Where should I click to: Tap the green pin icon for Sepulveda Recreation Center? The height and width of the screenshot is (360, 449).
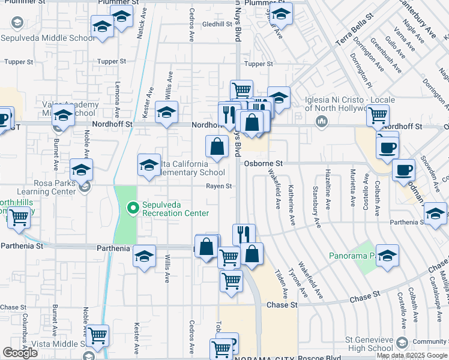(134, 209)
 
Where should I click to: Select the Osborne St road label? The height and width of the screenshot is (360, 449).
(263, 163)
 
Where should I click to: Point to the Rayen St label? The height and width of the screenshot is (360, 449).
(218, 187)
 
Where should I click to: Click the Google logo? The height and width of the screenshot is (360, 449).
(20, 353)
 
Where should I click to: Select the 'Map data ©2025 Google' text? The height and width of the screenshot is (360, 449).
(411, 355)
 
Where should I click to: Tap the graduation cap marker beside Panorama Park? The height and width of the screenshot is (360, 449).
(388, 255)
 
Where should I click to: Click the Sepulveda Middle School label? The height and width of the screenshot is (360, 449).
(48, 38)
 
